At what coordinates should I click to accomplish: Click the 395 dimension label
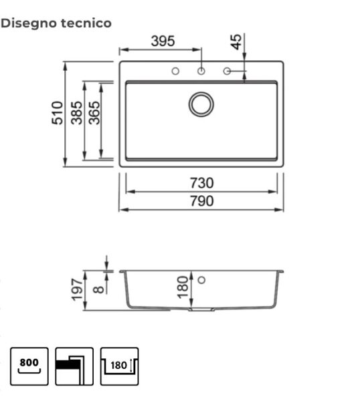coord(163,41)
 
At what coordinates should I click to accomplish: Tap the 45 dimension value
coord(236,42)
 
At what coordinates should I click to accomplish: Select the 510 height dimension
coord(58,113)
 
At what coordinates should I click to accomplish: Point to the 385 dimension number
coord(77,113)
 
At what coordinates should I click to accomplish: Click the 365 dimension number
coord(94,113)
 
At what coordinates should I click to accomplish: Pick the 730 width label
coord(201,183)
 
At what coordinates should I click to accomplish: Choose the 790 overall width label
coord(201,201)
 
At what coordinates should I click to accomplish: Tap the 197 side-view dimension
coord(77,290)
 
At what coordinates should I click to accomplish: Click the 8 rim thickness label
coord(98,289)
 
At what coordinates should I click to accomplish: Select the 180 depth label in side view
coord(183,287)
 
